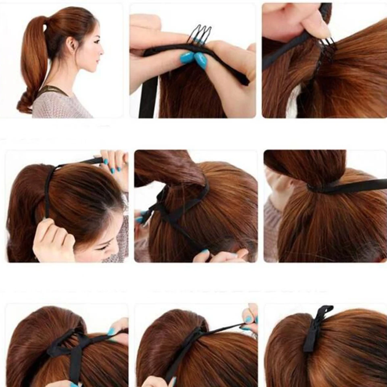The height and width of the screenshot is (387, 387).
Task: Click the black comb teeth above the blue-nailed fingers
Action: (199, 34)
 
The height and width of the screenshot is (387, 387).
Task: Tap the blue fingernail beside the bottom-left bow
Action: (111, 332)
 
